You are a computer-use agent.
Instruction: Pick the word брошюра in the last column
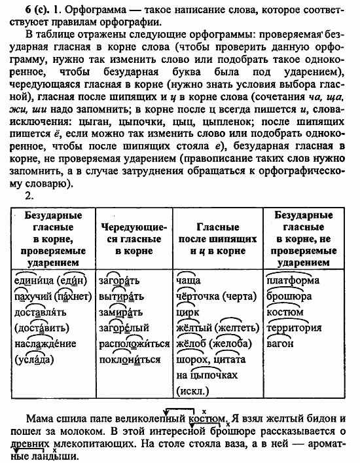click(290, 296)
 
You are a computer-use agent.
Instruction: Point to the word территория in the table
click(295, 327)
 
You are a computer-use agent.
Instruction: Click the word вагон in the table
click(279, 343)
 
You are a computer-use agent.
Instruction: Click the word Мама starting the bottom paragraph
click(41, 418)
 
